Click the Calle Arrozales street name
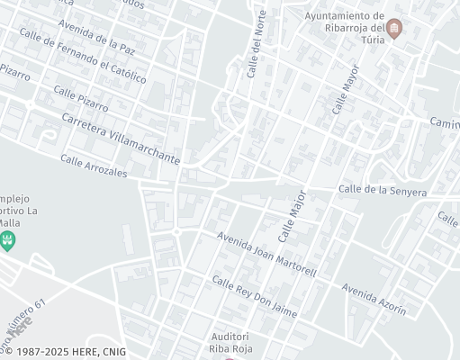point(94,166)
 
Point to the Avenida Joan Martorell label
point(266,255)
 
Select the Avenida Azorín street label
point(374,299)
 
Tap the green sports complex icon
point(9,240)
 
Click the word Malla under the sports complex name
point(9,223)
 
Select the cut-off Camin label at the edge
point(445,122)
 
